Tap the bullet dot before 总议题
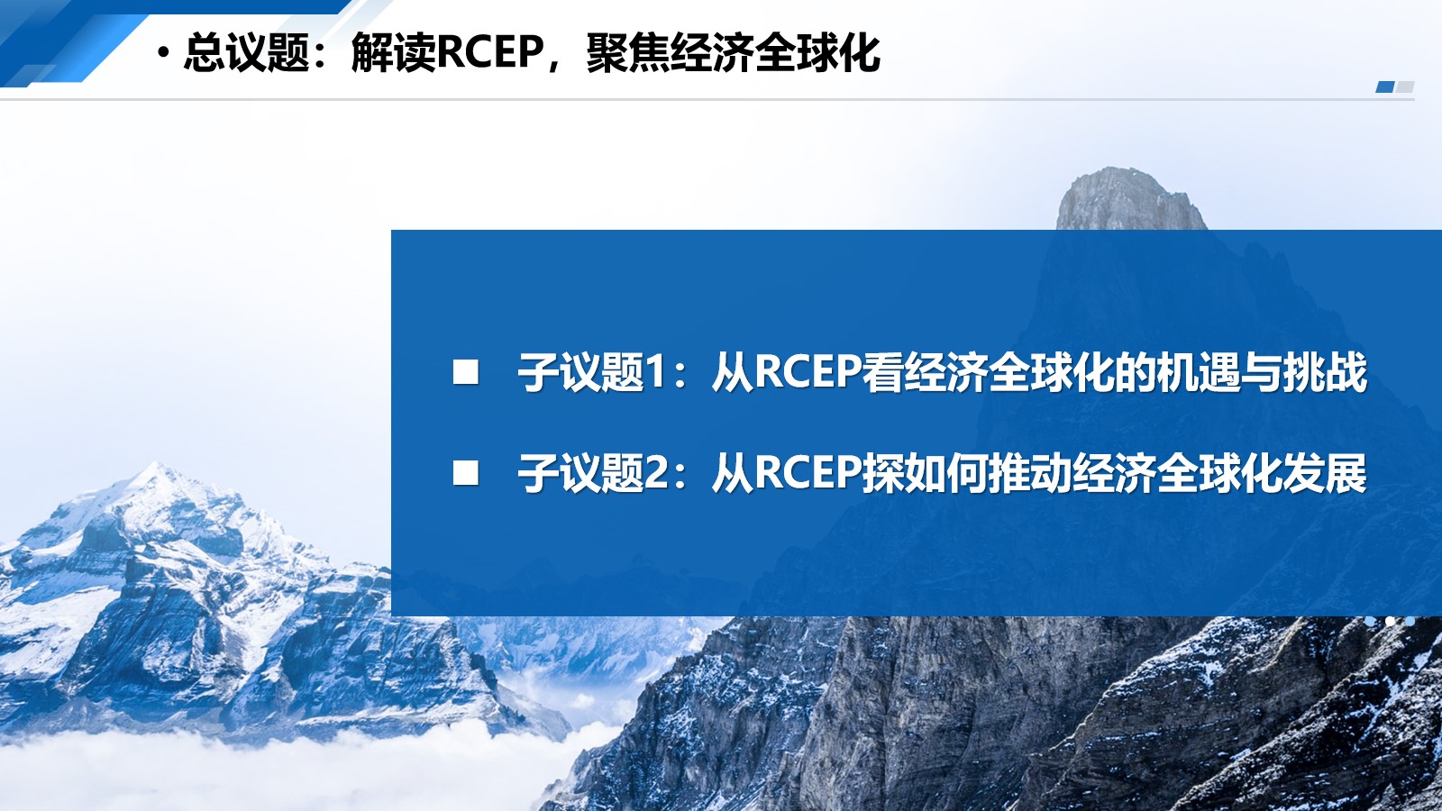coord(164,54)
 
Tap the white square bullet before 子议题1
coord(465,372)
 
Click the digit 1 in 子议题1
coord(655,372)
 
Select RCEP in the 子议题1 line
coord(808,372)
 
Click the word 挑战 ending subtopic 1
coord(1325,372)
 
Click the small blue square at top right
coord(1384,87)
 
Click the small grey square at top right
coord(1405,87)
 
